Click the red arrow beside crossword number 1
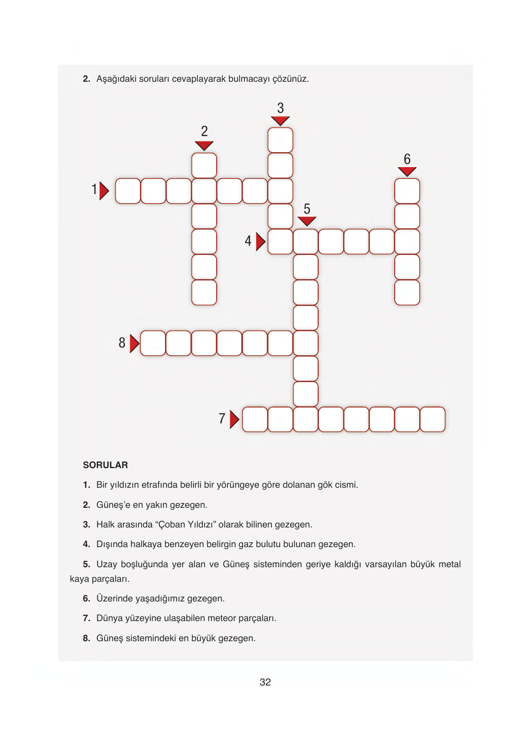click(104, 191)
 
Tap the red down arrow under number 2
click(204, 145)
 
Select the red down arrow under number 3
click(280, 121)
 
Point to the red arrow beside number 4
click(260, 242)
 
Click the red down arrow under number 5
click(307, 221)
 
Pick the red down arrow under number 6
click(407, 171)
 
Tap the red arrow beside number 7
click(234, 419)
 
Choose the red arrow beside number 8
click(134, 343)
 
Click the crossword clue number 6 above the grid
click(407, 159)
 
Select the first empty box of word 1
click(128, 191)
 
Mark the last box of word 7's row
click(432, 419)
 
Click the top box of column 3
click(280, 140)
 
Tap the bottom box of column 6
click(407, 292)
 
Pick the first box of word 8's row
click(153, 343)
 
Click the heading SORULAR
click(106, 465)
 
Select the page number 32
click(265, 682)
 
